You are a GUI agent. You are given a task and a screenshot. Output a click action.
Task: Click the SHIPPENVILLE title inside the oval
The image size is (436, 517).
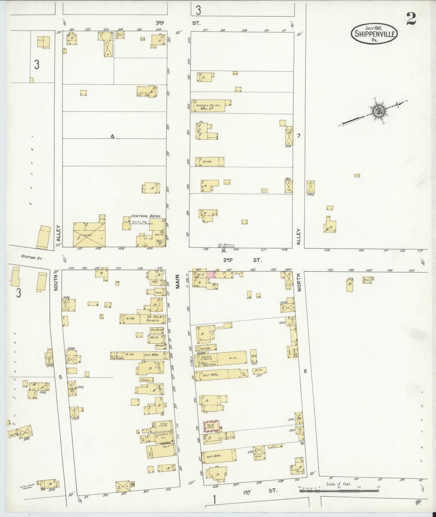pyautogui.click(x=374, y=34)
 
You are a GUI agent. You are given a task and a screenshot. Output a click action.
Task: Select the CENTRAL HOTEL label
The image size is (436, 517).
pyautogui.click(x=146, y=216)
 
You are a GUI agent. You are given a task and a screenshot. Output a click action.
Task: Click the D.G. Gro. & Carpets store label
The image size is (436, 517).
pyautogui.click(x=152, y=319)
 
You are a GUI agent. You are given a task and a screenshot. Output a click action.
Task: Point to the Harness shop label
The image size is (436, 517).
pyautogui.click(x=205, y=348)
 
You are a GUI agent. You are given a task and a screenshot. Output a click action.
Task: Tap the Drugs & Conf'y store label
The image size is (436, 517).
pyautogui.click(x=164, y=425)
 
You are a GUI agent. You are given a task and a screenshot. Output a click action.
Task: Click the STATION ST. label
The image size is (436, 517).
pyautogui.click(x=31, y=258)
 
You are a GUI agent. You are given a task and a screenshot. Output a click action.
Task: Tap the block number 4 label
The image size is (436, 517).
pyautogui.click(x=112, y=136)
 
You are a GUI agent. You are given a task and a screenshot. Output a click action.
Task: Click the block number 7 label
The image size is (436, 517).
pyautogui.click(x=299, y=136)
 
